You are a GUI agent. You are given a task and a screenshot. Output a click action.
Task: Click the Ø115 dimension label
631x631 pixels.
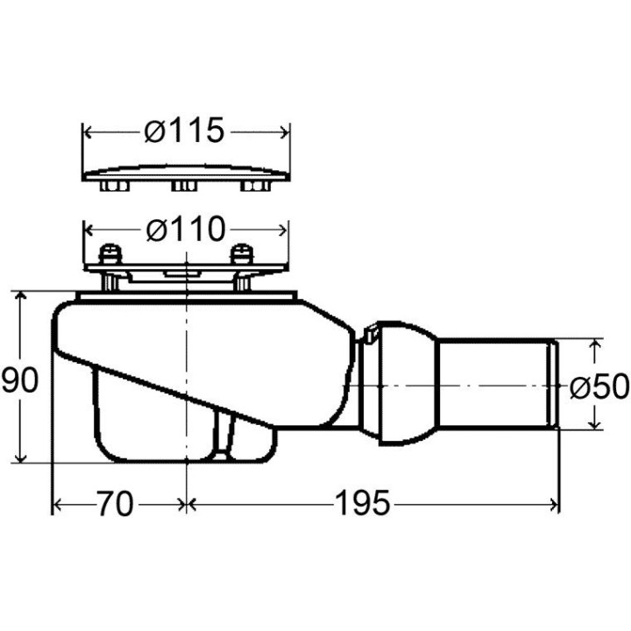pyautogui.click(x=184, y=131)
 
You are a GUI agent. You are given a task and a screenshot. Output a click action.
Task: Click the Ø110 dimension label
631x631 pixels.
pyautogui.click(x=186, y=229)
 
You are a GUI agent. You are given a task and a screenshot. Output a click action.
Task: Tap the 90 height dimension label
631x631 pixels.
pyautogui.click(x=19, y=380)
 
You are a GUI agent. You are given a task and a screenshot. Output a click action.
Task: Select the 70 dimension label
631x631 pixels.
pyautogui.click(x=115, y=503)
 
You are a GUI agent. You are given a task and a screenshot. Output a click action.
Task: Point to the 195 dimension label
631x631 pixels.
pyautogui.click(x=363, y=503)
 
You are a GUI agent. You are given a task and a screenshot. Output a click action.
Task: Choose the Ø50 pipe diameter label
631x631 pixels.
pyautogui.click(x=599, y=386)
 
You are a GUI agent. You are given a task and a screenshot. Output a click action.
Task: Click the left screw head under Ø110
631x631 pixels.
pyautogui.click(x=110, y=255)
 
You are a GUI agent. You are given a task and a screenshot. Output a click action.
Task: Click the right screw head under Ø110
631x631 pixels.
pyautogui.click(x=242, y=255)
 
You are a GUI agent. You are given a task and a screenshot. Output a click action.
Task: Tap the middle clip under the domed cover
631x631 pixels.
pyautogui.click(x=184, y=187)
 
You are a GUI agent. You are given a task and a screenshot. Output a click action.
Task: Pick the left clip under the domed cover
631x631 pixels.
pyautogui.click(x=115, y=187)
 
